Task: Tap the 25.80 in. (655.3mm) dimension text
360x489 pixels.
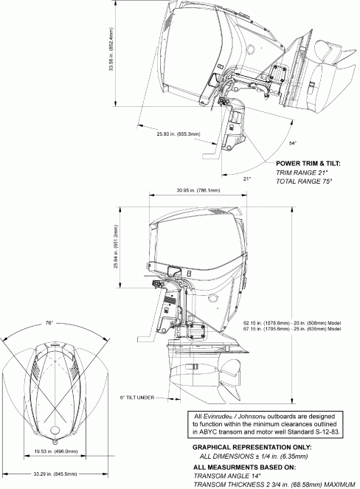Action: tap(177, 134)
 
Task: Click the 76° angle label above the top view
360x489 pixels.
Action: tap(49, 322)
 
